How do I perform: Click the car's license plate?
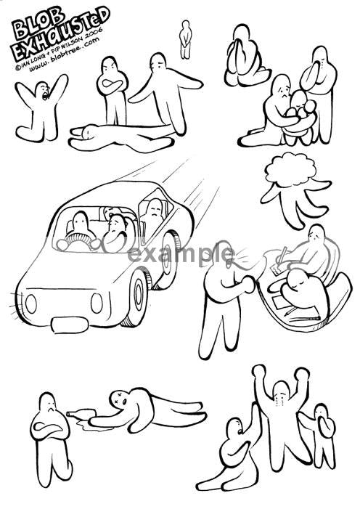(x=70, y=325)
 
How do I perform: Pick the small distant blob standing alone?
(x=185, y=40)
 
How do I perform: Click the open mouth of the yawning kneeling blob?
(x=44, y=95)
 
